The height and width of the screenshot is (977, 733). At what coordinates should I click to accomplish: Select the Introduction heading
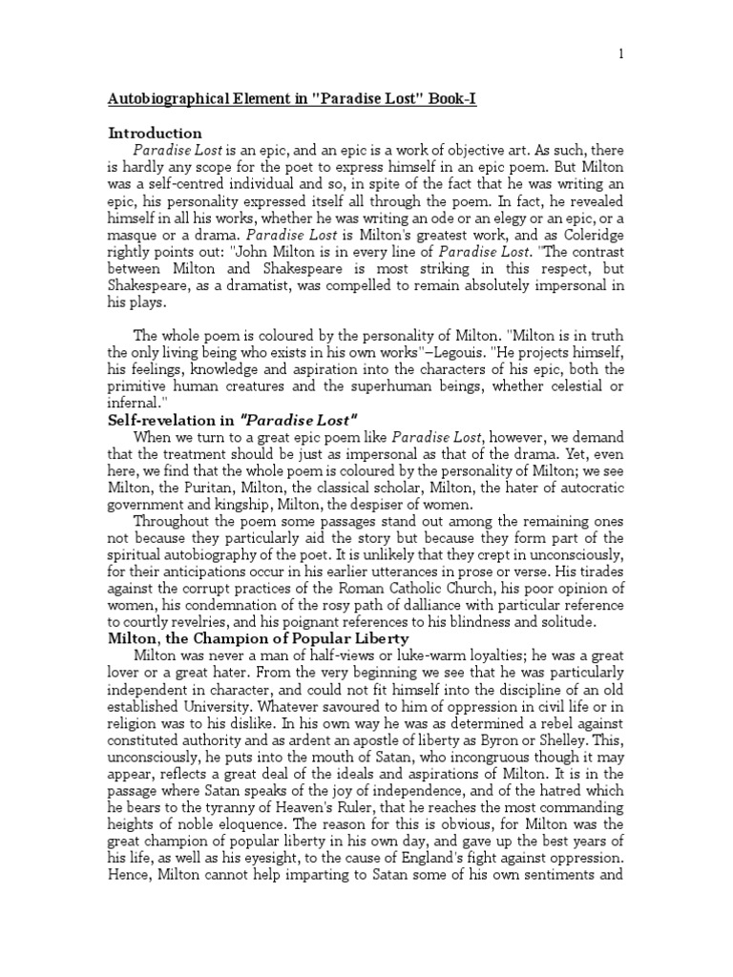[155, 134]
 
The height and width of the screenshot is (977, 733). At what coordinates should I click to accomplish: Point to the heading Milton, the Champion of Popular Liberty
[259, 637]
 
